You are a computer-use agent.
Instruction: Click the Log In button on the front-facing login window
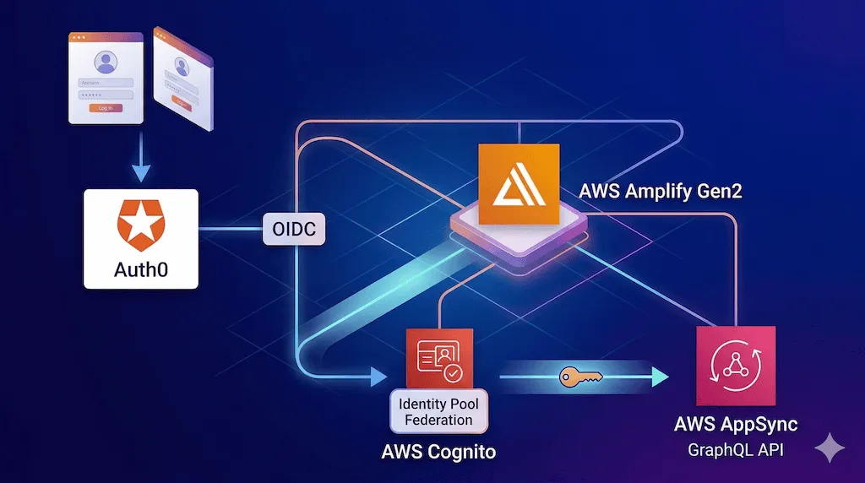click(x=106, y=108)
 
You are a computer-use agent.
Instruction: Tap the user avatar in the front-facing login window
click(x=106, y=62)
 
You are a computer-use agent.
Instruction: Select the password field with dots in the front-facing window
click(x=106, y=95)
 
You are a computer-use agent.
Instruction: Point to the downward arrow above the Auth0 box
click(x=142, y=171)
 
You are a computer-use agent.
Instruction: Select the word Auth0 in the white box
click(x=141, y=271)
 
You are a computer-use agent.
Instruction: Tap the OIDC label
click(x=294, y=229)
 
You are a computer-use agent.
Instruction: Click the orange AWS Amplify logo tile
click(x=519, y=184)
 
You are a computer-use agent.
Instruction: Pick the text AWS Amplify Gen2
click(x=660, y=191)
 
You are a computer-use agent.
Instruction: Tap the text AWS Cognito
click(x=438, y=452)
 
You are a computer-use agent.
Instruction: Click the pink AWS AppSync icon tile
click(x=734, y=366)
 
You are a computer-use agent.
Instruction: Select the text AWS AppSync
click(x=735, y=424)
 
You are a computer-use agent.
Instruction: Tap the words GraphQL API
click(x=735, y=450)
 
